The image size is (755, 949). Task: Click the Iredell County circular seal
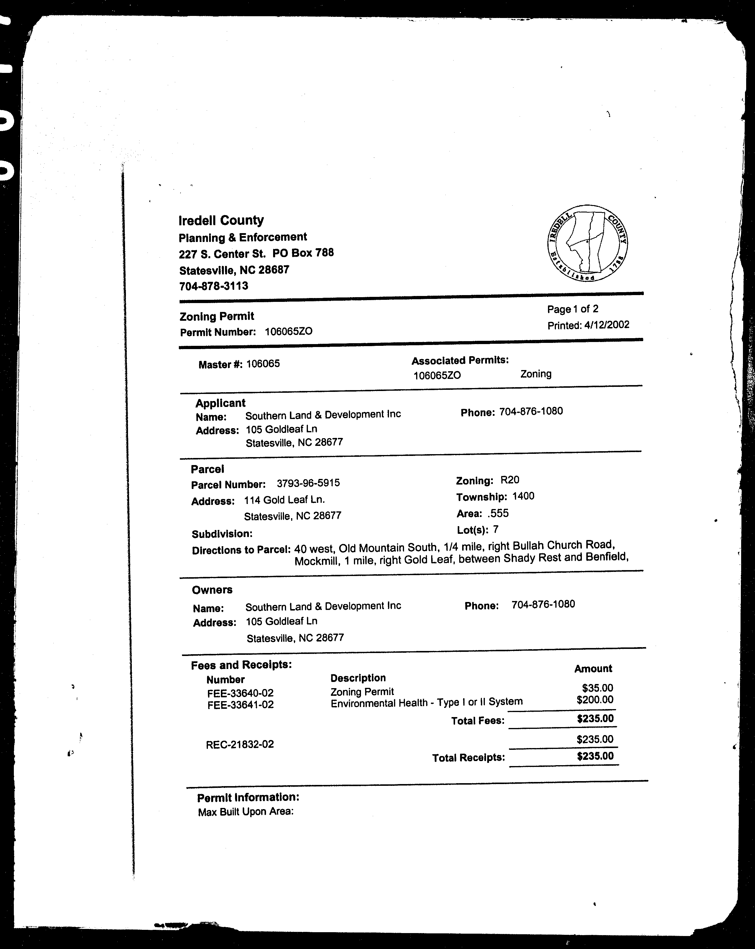[x=587, y=243]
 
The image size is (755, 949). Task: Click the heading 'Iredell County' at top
[x=221, y=220]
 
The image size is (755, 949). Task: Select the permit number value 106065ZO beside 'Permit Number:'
[x=289, y=331]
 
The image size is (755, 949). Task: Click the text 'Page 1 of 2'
[x=572, y=309]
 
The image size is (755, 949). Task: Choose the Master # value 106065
[x=263, y=364]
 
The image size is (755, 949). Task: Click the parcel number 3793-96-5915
[x=308, y=483]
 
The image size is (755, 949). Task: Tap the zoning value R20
[x=510, y=480]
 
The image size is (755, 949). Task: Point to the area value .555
[x=498, y=513]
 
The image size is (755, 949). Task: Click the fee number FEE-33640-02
[x=240, y=693]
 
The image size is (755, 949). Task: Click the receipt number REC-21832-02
[x=240, y=744]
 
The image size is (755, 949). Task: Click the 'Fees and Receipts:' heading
[x=242, y=665]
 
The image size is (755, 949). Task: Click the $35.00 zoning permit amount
[x=597, y=688]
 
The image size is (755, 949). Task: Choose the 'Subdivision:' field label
[x=222, y=534]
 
